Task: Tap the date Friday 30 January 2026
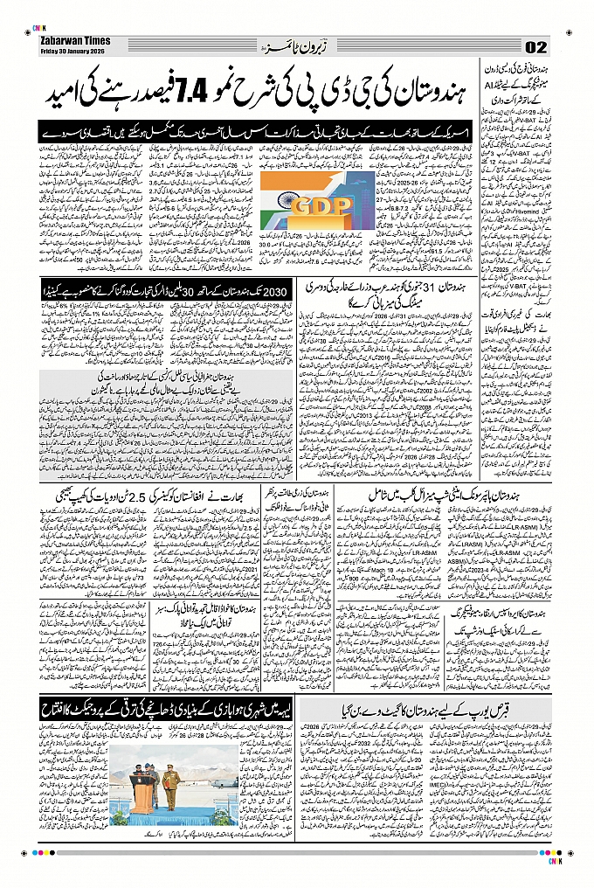pyautogui.click(x=73, y=50)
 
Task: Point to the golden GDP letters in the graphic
pyautogui.click(x=320, y=208)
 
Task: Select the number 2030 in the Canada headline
pyautogui.click(x=274, y=291)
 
